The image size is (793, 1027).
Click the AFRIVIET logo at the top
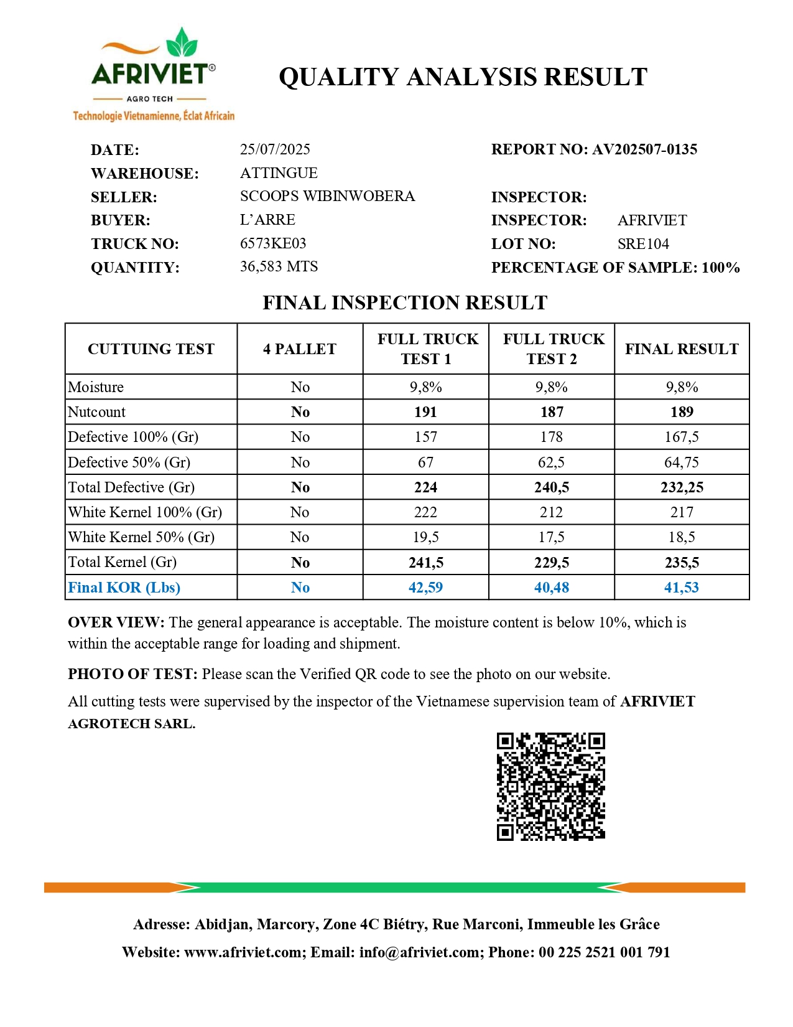pos(153,73)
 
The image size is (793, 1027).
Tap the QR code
pos(550,786)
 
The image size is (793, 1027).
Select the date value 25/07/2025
pos(275,149)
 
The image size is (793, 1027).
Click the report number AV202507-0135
pos(644,149)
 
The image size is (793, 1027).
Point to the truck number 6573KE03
pos(273,243)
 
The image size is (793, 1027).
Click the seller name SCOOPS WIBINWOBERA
pos(327,196)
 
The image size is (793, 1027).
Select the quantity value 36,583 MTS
pos(279,266)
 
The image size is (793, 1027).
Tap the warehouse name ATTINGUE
pos(279,173)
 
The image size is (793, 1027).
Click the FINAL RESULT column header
pos(682,349)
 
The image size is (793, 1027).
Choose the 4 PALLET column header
pos(300,349)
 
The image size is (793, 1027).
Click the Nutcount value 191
pos(425,412)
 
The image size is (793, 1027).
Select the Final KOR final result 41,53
pos(682,588)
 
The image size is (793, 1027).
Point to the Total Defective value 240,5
pos(552,487)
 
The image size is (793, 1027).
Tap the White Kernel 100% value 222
pos(425,512)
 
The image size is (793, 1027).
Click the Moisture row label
pos(96,387)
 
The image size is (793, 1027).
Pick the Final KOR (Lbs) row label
pos(124,588)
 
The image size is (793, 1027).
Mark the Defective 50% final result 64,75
pos(682,462)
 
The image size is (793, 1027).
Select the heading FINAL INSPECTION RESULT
pos(405,302)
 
